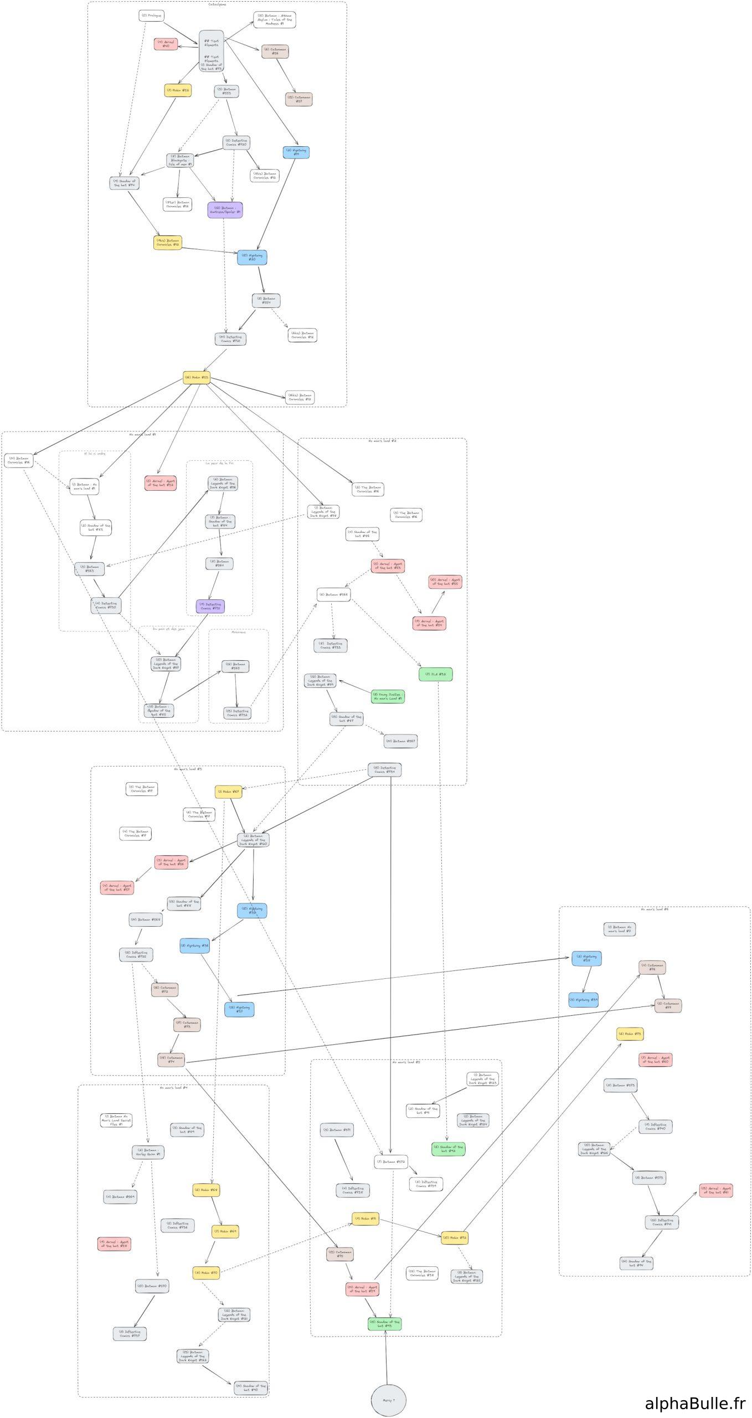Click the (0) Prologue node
point(151,16)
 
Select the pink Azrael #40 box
point(166,44)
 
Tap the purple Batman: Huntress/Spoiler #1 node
point(225,210)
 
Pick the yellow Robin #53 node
point(197,378)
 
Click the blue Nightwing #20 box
point(252,257)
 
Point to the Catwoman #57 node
point(298,99)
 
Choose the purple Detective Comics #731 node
point(210,606)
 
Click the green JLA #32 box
point(435,674)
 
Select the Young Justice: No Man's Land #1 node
point(388,696)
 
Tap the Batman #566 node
point(333,594)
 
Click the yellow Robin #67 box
point(228,792)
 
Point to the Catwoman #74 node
point(171,1060)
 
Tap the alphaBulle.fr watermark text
point(695,1402)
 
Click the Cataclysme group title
point(217,4)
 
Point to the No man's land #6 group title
point(654,909)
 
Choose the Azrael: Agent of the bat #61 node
point(715,1190)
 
